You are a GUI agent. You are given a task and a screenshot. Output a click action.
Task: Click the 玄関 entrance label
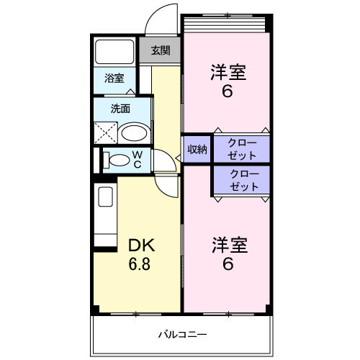point(161,50)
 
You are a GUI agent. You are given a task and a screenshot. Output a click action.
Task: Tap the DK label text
point(142,245)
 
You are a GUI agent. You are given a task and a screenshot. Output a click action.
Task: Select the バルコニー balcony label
point(183,336)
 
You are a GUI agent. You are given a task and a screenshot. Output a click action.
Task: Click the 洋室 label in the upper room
point(228,73)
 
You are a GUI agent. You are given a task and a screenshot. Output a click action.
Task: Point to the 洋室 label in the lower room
point(228,246)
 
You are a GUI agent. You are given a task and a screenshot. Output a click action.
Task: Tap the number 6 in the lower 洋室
point(228,264)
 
